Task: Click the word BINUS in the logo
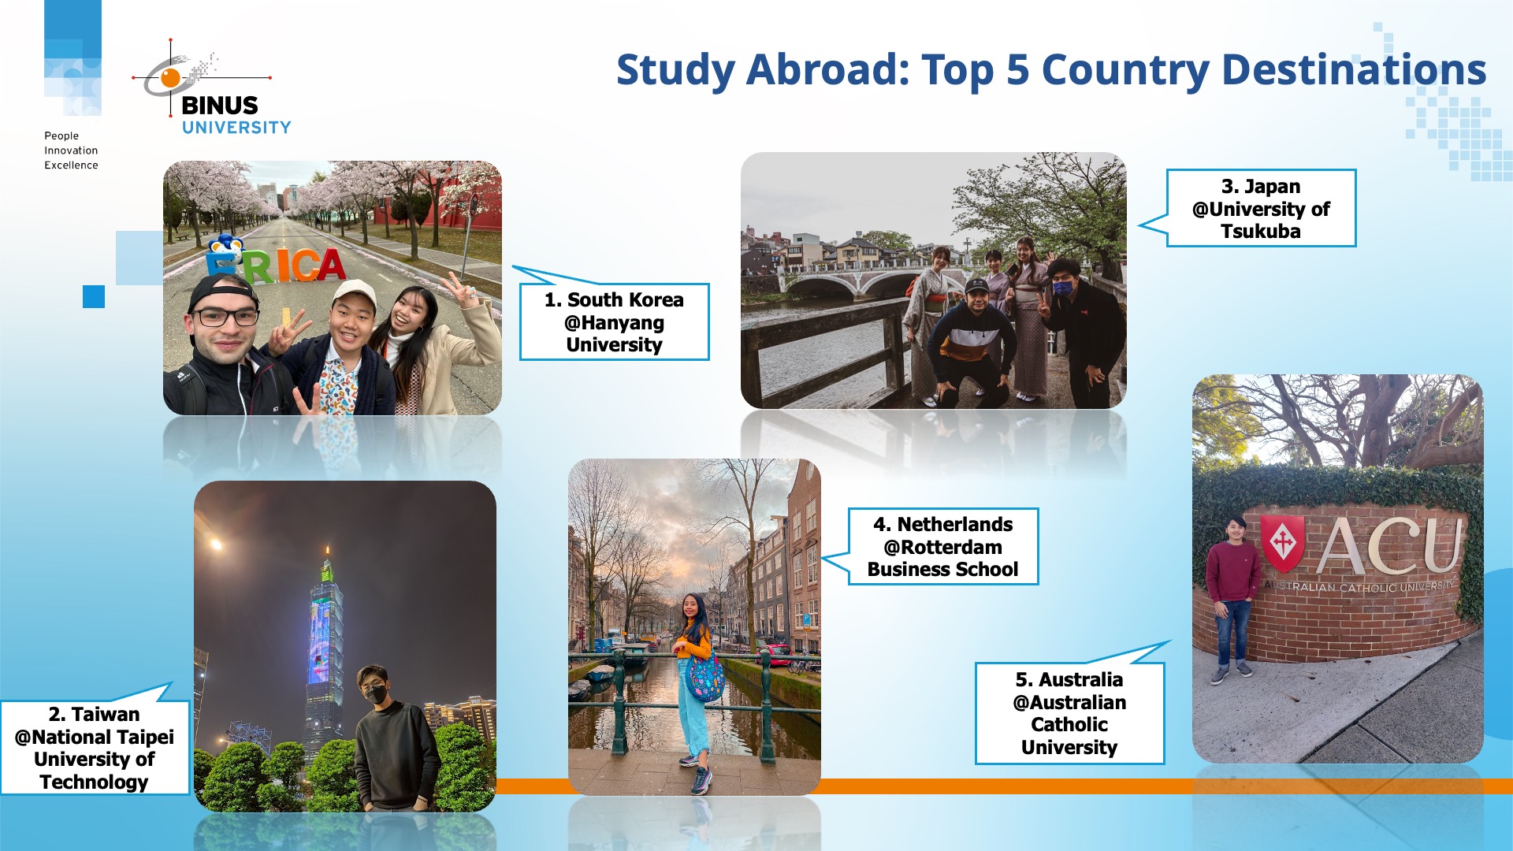coord(219,106)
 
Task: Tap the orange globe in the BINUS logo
coord(170,77)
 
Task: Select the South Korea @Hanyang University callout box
coord(614,322)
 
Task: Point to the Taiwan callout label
coord(95,747)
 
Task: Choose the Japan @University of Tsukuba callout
coord(1260,209)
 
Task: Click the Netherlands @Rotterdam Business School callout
coord(942,547)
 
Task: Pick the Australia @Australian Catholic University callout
coord(1069,713)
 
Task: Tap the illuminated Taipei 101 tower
coord(324,630)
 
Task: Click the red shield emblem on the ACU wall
coord(1282,543)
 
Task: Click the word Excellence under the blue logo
coord(71,165)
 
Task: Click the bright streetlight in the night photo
coord(215,544)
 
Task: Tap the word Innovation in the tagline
coord(71,151)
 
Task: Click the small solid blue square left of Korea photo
coord(94,296)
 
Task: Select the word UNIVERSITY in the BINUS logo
coord(236,128)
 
